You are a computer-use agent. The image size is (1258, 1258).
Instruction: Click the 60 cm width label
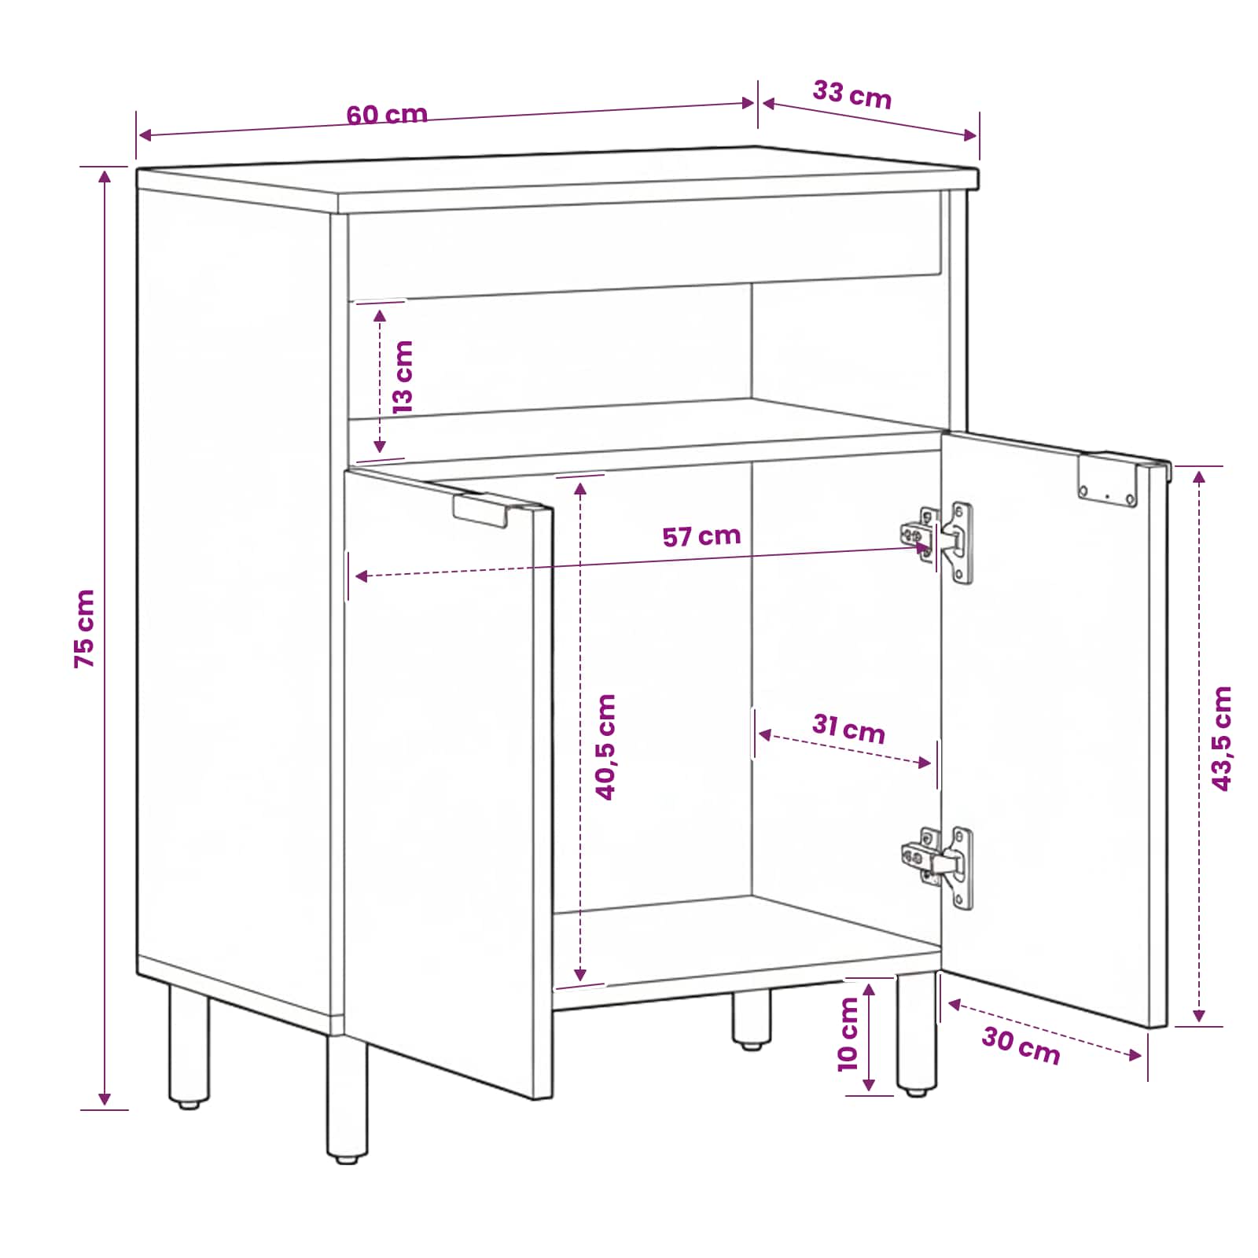[387, 115]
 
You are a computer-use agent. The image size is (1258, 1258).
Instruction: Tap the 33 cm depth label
[852, 94]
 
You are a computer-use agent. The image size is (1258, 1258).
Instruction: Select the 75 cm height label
[84, 629]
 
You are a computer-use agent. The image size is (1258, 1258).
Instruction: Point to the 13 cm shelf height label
[402, 377]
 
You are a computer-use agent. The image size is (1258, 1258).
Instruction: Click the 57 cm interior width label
[701, 536]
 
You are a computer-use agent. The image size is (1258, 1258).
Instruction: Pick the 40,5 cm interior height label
[605, 747]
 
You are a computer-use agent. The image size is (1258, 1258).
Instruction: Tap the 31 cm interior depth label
[849, 728]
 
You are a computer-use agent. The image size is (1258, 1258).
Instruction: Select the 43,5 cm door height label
[1221, 738]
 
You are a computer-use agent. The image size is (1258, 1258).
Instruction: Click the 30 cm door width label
[1021, 1046]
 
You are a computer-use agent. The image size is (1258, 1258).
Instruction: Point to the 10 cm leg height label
[848, 1035]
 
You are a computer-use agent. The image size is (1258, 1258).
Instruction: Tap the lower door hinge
[937, 867]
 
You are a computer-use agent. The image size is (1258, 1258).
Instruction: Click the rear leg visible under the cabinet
[752, 1019]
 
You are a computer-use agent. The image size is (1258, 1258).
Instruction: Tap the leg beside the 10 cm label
[917, 1035]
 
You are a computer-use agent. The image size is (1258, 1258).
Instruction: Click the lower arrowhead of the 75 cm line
[105, 1099]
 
